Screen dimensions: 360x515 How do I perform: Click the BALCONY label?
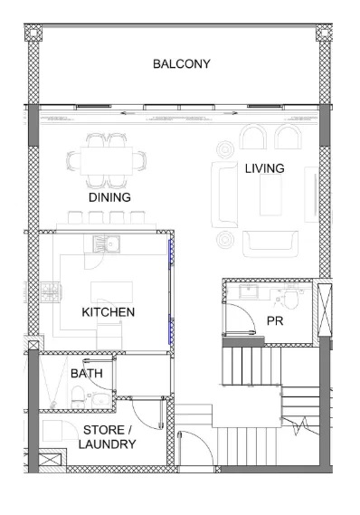tap(182, 63)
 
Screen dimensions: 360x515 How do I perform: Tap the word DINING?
tap(109, 197)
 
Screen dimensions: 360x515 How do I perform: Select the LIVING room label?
tap(264, 168)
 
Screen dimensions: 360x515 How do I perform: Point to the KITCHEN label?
tap(108, 312)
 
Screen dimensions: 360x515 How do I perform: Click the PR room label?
tap(275, 321)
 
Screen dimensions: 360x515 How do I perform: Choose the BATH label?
tap(87, 374)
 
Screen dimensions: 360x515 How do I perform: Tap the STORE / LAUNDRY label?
tap(107, 437)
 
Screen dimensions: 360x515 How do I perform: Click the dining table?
tap(107, 161)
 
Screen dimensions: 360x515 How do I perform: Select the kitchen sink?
tap(107, 244)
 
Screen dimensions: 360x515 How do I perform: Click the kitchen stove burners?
tap(51, 291)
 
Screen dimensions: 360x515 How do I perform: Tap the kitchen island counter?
tap(111, 292)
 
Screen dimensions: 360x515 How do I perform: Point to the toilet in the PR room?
tap(290, 296)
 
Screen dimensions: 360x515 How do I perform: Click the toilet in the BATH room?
tap(78, 397)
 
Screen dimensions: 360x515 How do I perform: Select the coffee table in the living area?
tap(270, 195)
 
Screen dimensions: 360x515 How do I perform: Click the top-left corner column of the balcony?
tap(33, 33)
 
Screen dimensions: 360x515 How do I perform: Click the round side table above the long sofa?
tap(225, 149)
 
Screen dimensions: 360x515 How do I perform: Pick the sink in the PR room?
tap(249, 291)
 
